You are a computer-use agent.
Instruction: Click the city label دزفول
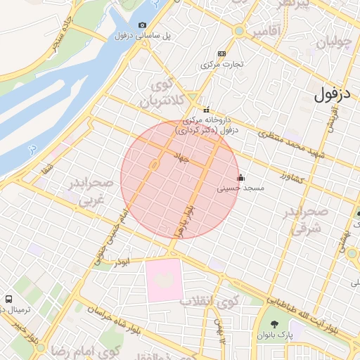[332, 92]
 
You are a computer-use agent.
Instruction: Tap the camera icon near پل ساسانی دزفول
[143, 25]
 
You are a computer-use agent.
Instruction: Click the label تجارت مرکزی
[222, 64]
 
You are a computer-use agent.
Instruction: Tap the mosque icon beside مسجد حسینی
[241, 177]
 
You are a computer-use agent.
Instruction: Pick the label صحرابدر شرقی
[307, 220]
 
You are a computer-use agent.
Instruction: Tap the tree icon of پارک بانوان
[274, 324]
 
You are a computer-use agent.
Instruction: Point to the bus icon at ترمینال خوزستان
[8, 299]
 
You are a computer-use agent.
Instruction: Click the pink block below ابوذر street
[164, 280]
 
